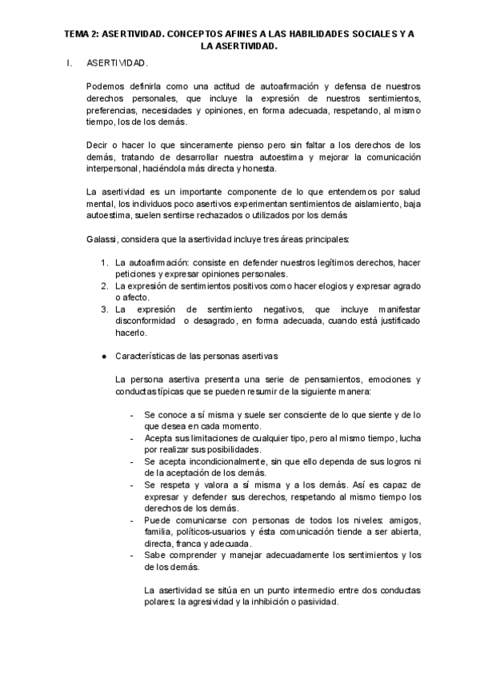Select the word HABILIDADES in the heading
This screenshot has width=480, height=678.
point(309,34)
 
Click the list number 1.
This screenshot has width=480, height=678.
point(105,262)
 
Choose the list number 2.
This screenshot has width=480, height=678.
point(105,286)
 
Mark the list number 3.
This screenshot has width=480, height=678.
point(105,309)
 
